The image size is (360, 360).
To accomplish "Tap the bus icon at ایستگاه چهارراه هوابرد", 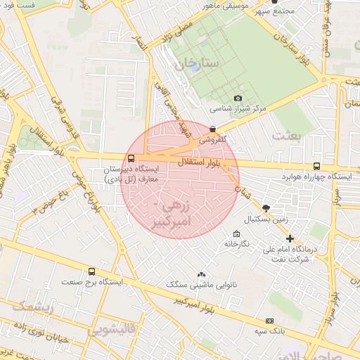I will click(316, 167).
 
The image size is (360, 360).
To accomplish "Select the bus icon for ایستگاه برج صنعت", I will click(91, 271).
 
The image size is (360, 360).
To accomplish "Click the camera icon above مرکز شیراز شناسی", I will click(238, 98).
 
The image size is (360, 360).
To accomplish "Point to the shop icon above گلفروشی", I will click(212, 129).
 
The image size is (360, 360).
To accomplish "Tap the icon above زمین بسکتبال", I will click(266, 208).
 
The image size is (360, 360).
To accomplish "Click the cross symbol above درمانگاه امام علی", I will click(290, 238).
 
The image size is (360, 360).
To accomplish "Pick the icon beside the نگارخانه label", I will click(236, 234).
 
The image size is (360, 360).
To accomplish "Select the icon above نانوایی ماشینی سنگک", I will click(202, 274).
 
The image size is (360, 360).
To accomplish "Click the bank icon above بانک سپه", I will click(269, 321).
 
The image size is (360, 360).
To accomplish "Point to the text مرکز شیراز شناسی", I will click(238, 110).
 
